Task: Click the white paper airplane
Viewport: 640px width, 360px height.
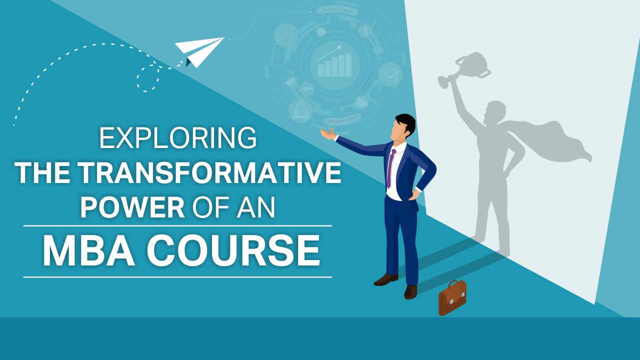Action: [x=200, y=50]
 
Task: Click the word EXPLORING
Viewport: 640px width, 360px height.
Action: [x=177, y=138]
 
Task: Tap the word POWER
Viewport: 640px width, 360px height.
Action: [x=132, y=206]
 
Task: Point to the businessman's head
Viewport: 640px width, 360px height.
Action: [x=404, y=126]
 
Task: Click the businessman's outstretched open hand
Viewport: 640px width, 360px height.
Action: [x=327, y=133]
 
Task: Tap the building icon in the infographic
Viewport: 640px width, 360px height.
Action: [x=301, y=110]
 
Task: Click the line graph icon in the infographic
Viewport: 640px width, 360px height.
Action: [x=286, y=36]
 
